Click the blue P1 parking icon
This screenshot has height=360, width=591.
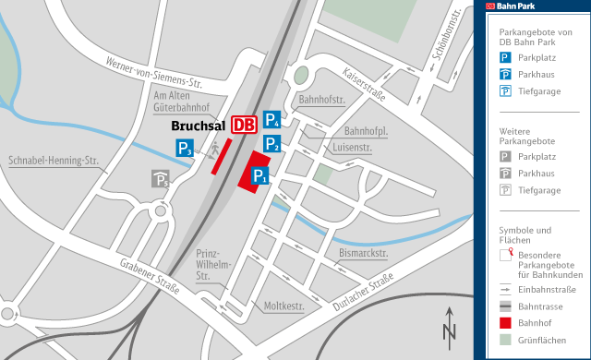tap(260, 176)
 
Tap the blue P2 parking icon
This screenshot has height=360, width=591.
tap(271, 143)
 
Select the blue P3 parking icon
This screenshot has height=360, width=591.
tap(186, 148)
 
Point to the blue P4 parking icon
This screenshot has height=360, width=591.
tap(272, 118)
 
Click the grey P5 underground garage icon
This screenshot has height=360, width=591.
tap(161, 179)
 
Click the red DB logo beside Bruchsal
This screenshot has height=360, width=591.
tap(244, 126)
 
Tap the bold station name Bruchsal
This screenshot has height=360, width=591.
tap(199, 126)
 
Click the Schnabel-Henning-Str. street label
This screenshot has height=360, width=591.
tap(53, 160)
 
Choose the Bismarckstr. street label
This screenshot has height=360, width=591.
tap(363, 252)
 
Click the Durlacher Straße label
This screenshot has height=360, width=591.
tap(363, 296)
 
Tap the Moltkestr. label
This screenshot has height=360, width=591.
tap(284, 306)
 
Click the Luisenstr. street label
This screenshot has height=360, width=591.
tap(352, 147)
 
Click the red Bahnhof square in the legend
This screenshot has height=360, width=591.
tap(505, 322)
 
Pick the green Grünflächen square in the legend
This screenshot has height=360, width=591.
tap(505, 340)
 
